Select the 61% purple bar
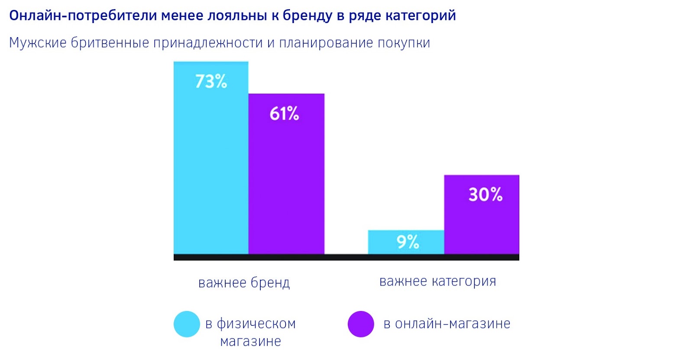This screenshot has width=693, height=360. (x=286, y=182)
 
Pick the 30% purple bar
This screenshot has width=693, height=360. (x=482, y=221)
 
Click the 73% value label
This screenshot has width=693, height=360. (x=211, y=81)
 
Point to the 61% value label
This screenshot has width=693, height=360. (x=284, y=114)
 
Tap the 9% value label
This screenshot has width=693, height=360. (x=408, y=242)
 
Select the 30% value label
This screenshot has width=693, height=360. (x=486, y=195)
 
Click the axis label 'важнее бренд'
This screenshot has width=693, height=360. (x=244, y=282)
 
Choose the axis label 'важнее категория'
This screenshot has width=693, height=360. (x=437, y=282)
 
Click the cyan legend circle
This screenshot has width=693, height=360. (x=187, y=324)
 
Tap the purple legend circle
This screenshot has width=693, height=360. (x=361, y=324)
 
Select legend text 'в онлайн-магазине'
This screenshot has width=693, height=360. (x=447, y=324)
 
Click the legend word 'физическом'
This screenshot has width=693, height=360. (x=256, y=324)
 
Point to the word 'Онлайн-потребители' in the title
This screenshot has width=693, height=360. (x=83, y=16)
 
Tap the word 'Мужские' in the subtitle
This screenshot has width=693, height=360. (x=38, y=43)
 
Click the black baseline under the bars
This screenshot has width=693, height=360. (x=346, y=257)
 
